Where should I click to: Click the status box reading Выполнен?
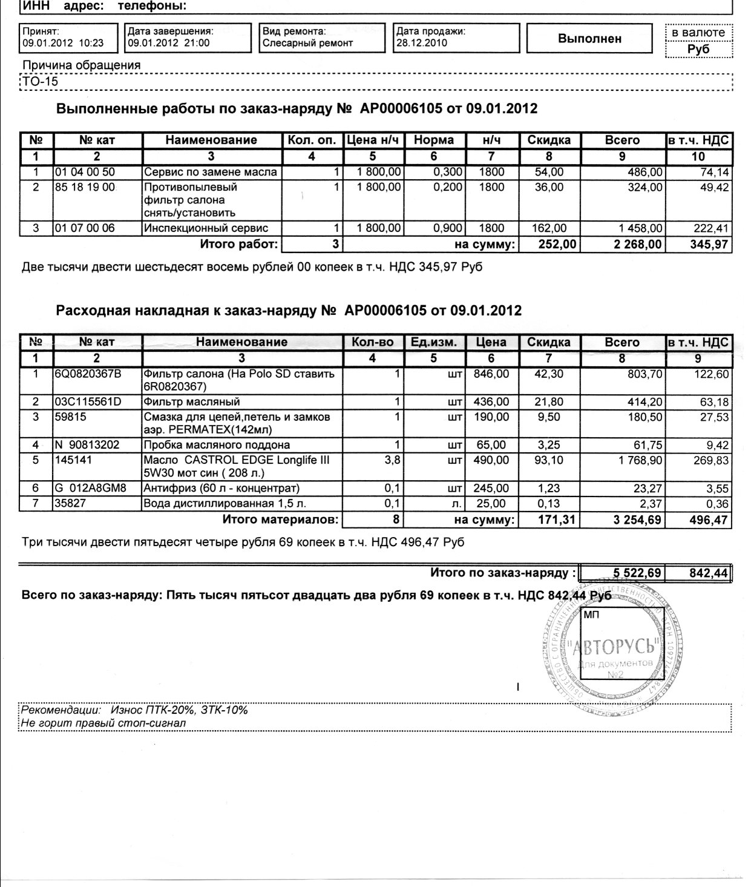tap(589, 39)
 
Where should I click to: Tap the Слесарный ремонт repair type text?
tap(307, 43)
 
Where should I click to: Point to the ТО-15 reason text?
tap(41, 81)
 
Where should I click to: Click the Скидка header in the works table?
tap(549, 140)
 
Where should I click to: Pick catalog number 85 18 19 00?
tap(85, 188)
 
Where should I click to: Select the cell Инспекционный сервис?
tap(205, 228)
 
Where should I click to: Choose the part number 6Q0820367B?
tap(88, 374)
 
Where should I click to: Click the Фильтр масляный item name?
tap(192, 402)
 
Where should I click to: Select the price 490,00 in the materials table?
tap(492, 460)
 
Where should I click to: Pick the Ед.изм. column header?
tap(433, 342)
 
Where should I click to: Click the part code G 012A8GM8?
tap(90, 488)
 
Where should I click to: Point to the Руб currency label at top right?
tap(698, 50)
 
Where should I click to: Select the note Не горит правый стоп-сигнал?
tap(103, 723)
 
